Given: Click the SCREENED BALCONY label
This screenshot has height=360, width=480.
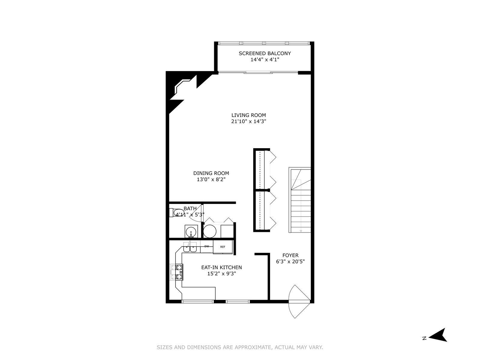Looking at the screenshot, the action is pos(265,53).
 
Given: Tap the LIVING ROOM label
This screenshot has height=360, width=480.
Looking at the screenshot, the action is pos(249,115).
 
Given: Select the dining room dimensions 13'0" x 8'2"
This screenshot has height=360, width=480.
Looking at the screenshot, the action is pos(211,179).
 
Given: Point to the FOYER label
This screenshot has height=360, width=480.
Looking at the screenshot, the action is pos(290,255).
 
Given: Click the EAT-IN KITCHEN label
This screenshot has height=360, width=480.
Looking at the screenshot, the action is pos(221,267).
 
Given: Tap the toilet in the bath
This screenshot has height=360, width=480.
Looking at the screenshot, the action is pos(177,212).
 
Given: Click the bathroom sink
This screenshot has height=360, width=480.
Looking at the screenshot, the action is pos(191,231).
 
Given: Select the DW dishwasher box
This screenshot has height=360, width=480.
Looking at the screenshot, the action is pos(207,246).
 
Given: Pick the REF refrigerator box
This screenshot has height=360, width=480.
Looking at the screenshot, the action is pos(223,247).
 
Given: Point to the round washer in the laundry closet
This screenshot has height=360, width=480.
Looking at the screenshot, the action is pos(210,231).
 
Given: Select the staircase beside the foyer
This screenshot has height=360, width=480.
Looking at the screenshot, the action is pos(300,200).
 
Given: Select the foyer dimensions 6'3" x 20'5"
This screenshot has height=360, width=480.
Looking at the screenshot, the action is pos(290,261).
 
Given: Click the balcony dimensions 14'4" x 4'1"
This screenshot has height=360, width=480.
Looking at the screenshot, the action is pos(265,59).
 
